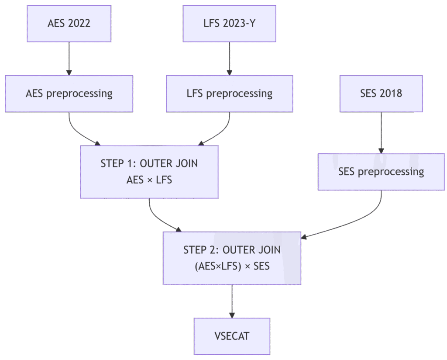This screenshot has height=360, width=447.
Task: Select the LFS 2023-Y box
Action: coord(229,24)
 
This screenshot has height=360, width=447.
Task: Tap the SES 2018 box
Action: coord(381,93)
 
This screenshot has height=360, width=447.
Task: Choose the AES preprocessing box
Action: coord(69,93)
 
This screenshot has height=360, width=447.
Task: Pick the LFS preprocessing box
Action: coord(229,93)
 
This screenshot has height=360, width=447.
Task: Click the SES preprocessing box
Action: coord(381,172)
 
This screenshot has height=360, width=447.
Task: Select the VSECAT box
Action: coord(232,336)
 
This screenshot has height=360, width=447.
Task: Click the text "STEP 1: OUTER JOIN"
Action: coord(149,164)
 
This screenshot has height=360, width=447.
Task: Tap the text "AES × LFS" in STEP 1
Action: coord(149,179)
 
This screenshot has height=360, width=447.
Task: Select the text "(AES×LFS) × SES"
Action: coord(232,266)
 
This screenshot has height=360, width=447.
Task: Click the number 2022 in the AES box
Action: coord(79,24)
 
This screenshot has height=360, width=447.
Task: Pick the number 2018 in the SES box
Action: coord(391,93)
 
